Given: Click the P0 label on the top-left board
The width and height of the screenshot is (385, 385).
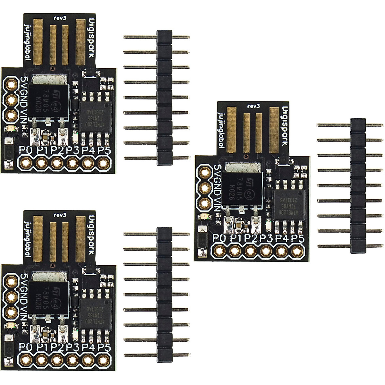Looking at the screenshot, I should coord(25,150).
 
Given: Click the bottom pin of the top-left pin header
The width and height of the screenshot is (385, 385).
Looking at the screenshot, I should coord(156,158).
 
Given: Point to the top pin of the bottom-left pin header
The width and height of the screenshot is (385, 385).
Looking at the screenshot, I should coord(156,234).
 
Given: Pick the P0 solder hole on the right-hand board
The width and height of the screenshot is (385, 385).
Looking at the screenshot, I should coord(220,251).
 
